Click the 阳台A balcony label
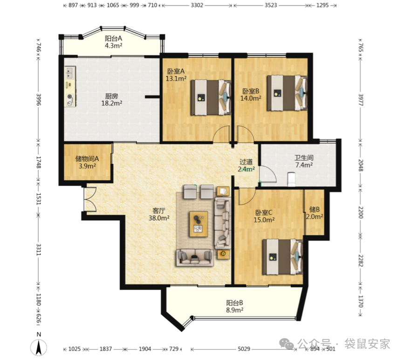[113, 42]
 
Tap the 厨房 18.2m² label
[111, 100]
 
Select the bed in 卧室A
[211, 97]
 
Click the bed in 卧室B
[287, 93]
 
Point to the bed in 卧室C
[282, 257]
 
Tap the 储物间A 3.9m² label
[87, 162]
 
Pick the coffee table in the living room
[198, 224]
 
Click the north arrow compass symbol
[39, 347]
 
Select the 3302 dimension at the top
[197, 5]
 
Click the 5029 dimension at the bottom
[244, 349]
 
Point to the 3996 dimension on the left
[39, 99]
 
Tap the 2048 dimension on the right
[361, 165]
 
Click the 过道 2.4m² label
[246, 166]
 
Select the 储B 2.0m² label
[314, 213]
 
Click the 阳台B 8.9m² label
[235, 306]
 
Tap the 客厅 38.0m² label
[159, 215]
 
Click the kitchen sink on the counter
[69, 73]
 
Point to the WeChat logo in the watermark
[287, 344]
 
